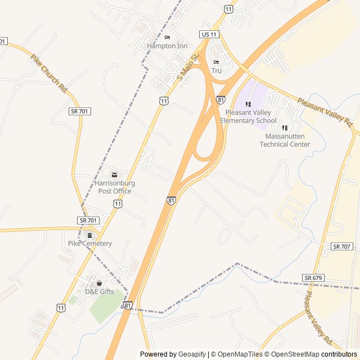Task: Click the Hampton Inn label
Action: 166,46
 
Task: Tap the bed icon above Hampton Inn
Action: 167,38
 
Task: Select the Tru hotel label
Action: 217,70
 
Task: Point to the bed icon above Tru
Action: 217,62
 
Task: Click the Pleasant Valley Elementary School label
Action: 248,116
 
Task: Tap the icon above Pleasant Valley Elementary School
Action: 248,104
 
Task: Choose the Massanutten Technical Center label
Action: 285,140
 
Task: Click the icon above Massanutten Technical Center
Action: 285,128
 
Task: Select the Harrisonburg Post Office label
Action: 115,187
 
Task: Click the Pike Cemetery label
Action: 90,244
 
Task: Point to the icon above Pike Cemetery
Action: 89,235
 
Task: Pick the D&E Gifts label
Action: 99,291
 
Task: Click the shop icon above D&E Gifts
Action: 100,283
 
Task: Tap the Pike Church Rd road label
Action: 49,73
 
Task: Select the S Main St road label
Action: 188,66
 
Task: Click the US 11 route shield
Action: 209,34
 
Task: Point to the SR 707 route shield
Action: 342,246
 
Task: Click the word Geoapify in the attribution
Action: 192,354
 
